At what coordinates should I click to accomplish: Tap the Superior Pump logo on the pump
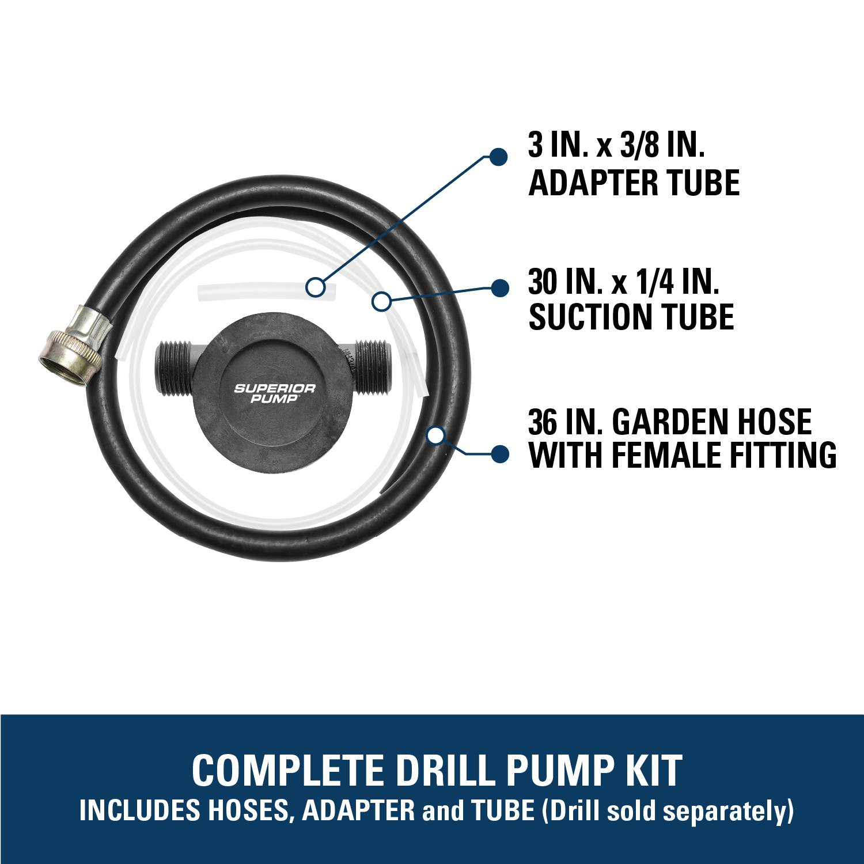[274, 393]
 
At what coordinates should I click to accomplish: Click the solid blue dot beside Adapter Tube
[498, 157]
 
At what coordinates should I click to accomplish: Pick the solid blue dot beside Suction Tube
[499, 288]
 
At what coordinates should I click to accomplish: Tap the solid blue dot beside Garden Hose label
[500, 454]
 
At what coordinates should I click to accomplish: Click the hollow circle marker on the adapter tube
[315, 286]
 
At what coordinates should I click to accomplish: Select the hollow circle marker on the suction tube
[381, 301]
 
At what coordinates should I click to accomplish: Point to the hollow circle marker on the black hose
[437, 435]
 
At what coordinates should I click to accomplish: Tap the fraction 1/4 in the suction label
[655, 282]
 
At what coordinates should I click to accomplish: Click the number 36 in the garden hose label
[543, 422]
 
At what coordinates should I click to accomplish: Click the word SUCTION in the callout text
[590, 317]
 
